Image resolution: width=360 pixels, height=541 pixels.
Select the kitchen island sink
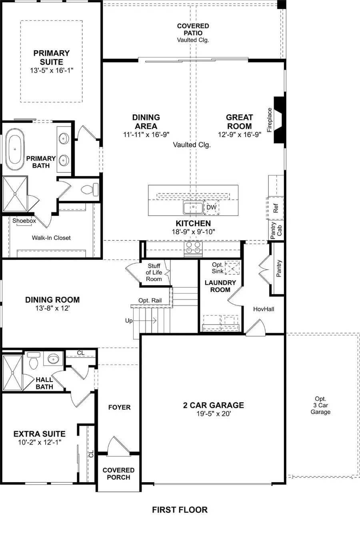tap(193, 208)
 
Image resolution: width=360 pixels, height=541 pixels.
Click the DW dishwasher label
tap(211, 208)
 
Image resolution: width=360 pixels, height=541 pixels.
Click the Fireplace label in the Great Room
tap(270, 120)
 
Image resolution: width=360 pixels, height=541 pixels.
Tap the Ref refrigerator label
tap(276, 208)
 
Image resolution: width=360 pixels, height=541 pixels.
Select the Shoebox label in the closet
tap(24, 221)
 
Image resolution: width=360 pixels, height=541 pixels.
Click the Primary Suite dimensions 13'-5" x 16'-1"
tap(51, 70)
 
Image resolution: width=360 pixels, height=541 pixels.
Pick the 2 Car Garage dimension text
tap(213, 414)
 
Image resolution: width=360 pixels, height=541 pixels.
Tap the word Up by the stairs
tap(129, 321)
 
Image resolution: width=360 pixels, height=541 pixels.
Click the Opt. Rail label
tap(150, 301)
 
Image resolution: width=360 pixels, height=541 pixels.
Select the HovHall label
tap(264, 309)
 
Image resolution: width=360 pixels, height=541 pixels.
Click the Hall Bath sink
tap(53, 359)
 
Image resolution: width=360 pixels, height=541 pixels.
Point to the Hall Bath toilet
tap(34, 361)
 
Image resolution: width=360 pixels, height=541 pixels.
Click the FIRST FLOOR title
tap(180, 510)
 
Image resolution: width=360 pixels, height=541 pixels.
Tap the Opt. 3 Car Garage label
tap(320, 405)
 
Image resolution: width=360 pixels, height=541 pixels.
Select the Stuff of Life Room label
tap(154, 272)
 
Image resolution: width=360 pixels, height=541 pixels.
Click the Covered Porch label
tap(118, 473)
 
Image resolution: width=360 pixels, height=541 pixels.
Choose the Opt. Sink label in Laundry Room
tap(218, 268)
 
